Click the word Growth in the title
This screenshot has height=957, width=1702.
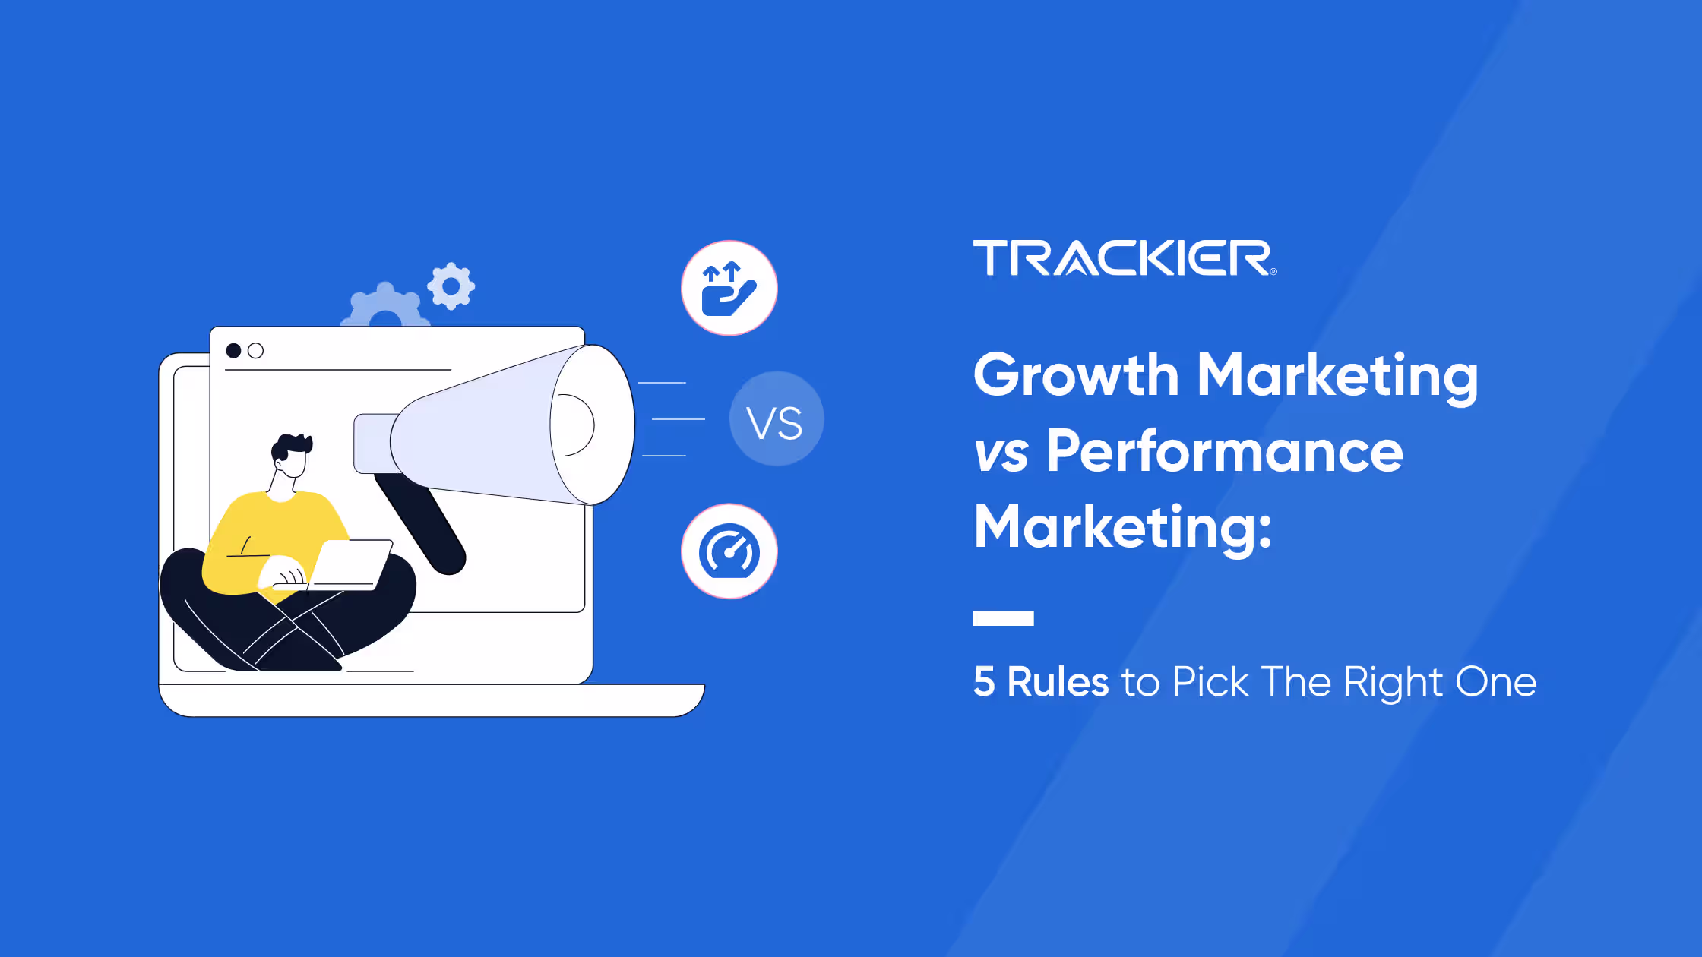(1075, 375)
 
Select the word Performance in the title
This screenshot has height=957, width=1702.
(1224, 451)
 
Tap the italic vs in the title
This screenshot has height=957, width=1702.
(1001, 453)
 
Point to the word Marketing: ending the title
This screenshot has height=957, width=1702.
(1122, 527)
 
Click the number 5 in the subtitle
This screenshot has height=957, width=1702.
(984, 681)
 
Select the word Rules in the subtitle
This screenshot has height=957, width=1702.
(1058, 681)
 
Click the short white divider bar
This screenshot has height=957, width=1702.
(1003, 617)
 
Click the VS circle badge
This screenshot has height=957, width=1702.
(776, 419)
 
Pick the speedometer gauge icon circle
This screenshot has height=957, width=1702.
(729, 551)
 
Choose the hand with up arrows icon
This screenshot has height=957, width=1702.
(729, 289)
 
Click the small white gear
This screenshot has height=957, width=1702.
(451, 286)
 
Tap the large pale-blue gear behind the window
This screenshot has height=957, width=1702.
(384, 307)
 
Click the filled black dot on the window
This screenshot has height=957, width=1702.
(234, 351)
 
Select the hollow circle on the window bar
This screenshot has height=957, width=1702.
(256, 351)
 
